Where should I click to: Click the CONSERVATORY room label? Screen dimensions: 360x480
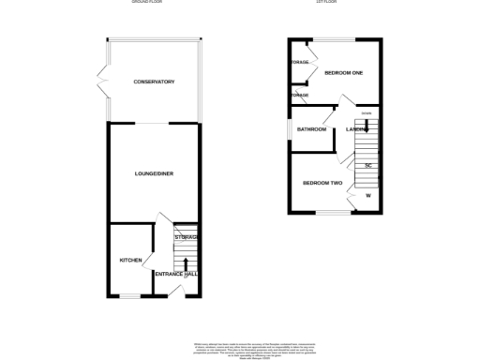154,82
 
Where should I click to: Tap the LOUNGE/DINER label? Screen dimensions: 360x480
154,173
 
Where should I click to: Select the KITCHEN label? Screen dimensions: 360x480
128,260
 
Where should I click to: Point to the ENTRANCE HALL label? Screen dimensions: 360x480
176,274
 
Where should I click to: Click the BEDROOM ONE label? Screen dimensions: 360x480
343,72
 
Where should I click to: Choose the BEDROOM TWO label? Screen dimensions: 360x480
321,182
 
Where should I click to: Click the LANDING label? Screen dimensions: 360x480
356,129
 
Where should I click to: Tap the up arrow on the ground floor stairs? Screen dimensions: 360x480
185,263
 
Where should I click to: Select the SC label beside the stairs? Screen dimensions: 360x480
368,166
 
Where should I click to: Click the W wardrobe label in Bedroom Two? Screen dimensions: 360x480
368,196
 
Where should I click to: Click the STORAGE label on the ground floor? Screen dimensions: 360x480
186,237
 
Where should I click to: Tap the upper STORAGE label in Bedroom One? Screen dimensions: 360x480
299,63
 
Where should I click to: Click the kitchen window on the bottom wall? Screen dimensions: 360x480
129,296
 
